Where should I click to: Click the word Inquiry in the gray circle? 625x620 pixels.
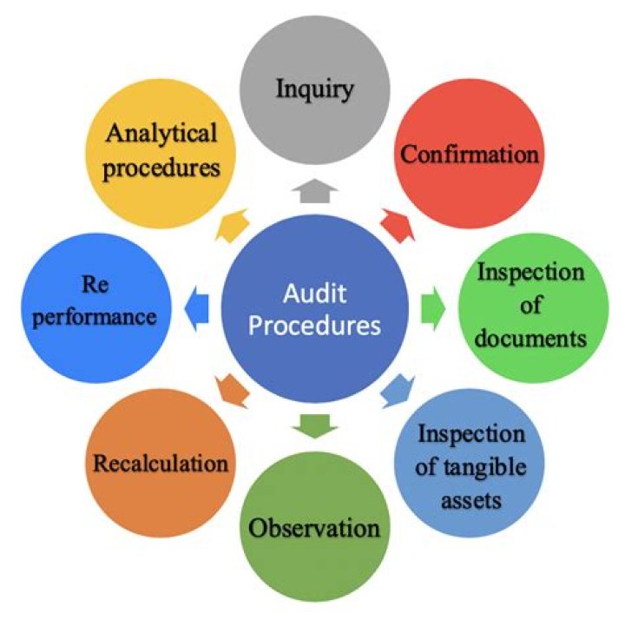(x=314, y=89)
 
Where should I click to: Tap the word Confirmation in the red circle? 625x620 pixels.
(x=470, y=155)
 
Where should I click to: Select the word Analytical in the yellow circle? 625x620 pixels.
(x=161, y=134)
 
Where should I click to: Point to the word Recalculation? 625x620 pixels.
(x=161, y=464)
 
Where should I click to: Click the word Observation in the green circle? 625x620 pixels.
(x=314, y=528)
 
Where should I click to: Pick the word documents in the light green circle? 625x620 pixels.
(x=531, y=339)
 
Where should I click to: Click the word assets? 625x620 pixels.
(x=471, y=500)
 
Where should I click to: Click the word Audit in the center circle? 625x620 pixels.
(x=315, y=294)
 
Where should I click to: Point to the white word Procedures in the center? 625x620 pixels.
(x=315, y=326)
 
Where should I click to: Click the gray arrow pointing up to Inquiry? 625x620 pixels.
(x=315, y=190)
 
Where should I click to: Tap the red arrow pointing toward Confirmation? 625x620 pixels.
(x=398, y=225)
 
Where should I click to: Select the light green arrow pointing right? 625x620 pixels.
(x=433, y=307)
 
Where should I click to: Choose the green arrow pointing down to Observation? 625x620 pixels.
(x=315, y=426)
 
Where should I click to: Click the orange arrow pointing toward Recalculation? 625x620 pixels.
(x=232, y=392)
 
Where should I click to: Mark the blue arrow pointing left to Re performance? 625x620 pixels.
(x=196, y=307)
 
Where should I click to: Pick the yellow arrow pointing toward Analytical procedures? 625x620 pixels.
(x=232, y=225)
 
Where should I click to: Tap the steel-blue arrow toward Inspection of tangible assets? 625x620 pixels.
(x=398, y=392)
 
